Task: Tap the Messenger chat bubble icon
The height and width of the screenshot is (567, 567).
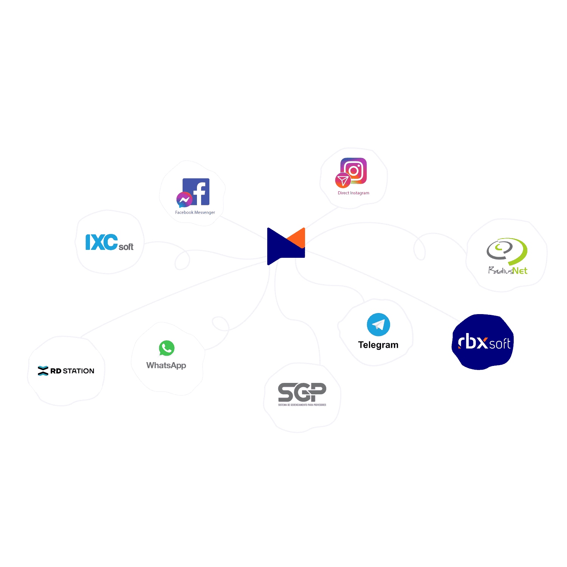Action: (x=184, y=200)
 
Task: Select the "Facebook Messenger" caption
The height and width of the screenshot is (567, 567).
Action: (x=195, y=212)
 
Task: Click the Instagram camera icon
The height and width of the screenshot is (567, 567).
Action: (x=354, y=170)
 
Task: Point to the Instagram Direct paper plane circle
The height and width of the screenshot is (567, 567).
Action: (x=343, y=180)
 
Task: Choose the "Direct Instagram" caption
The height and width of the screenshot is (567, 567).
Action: (x=353, y=193)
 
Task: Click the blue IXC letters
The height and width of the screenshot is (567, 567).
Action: (x=101, y=242)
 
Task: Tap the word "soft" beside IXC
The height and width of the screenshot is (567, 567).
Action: (x=126, y=247)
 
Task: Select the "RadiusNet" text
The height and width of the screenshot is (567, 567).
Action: (x=508, y=270)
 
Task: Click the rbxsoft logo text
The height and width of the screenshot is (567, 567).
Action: (x=484, y=342)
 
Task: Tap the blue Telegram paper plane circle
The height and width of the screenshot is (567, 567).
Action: (x=378, y=325)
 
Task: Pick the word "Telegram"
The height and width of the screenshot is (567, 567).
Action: (x=378, y=345)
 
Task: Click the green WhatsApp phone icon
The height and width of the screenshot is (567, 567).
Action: (x=167, y=348)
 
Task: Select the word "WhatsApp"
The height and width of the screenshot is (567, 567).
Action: (x=166, y=366)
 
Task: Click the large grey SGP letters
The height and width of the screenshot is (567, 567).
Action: (x=302, y=392)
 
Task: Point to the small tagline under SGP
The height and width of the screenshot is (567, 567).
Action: (x=302, y=405)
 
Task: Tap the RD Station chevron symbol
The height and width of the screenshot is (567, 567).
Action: (x=43, y=371)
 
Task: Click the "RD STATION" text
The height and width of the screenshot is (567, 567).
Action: (x=72, y=371)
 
